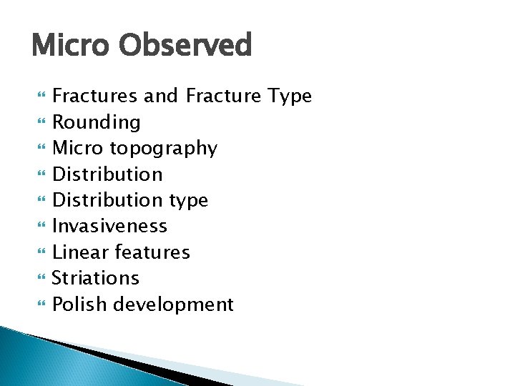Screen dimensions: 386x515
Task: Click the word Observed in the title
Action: click(185, 46)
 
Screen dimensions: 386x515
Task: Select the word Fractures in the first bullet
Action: click(95, 96)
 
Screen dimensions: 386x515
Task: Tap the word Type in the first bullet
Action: click(290, 96)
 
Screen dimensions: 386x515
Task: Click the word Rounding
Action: click(97, 123)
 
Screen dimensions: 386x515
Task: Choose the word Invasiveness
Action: click(109, 226)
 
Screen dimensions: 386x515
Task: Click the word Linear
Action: click(79, 252)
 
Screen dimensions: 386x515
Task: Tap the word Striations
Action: click(96, 278)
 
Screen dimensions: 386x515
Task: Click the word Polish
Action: click(80, 305)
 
